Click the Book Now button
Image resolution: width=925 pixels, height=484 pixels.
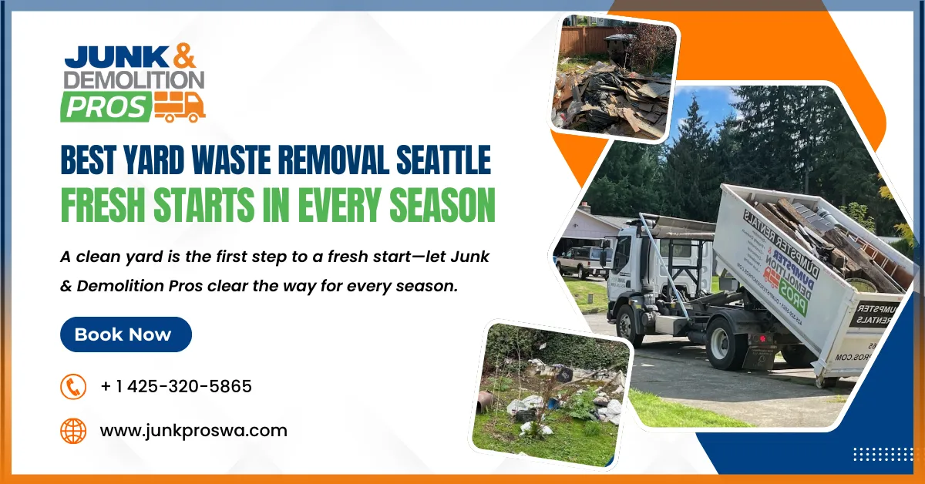click(x=126, y=334)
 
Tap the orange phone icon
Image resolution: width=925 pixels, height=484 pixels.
click(x=73, y=386)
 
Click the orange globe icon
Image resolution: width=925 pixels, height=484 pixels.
click(x=73, y=430)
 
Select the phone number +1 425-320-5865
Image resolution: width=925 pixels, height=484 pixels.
click(x=176, y=386)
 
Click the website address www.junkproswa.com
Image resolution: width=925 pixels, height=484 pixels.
click(x=193, y=430)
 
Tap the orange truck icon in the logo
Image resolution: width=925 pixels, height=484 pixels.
click(x=179, y=106)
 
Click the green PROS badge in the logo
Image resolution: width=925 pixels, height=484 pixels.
click(x=105, y=106)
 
